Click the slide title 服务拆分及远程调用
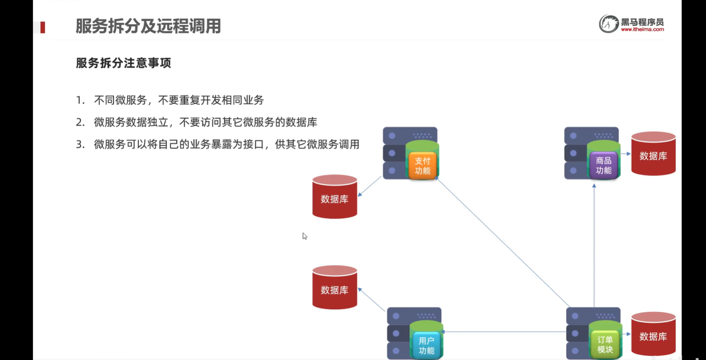click(148, 26)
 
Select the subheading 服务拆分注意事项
click(123, 63)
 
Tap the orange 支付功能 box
click(423, 166)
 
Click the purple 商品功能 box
click(604, 166)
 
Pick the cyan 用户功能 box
click(426, 346)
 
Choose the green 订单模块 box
click(605, 345)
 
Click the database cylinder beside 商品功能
click(653, 154)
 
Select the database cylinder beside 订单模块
click(653, 334)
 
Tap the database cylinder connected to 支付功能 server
click(335, 197)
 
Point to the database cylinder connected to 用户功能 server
click(335, 288)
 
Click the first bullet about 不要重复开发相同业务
click(179, 100)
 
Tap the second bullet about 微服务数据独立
click(205, 122)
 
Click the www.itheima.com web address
click(642, 30)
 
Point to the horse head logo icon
click(609, 24)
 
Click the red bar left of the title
click(43, 28)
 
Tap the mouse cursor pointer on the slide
click(305, 236)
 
